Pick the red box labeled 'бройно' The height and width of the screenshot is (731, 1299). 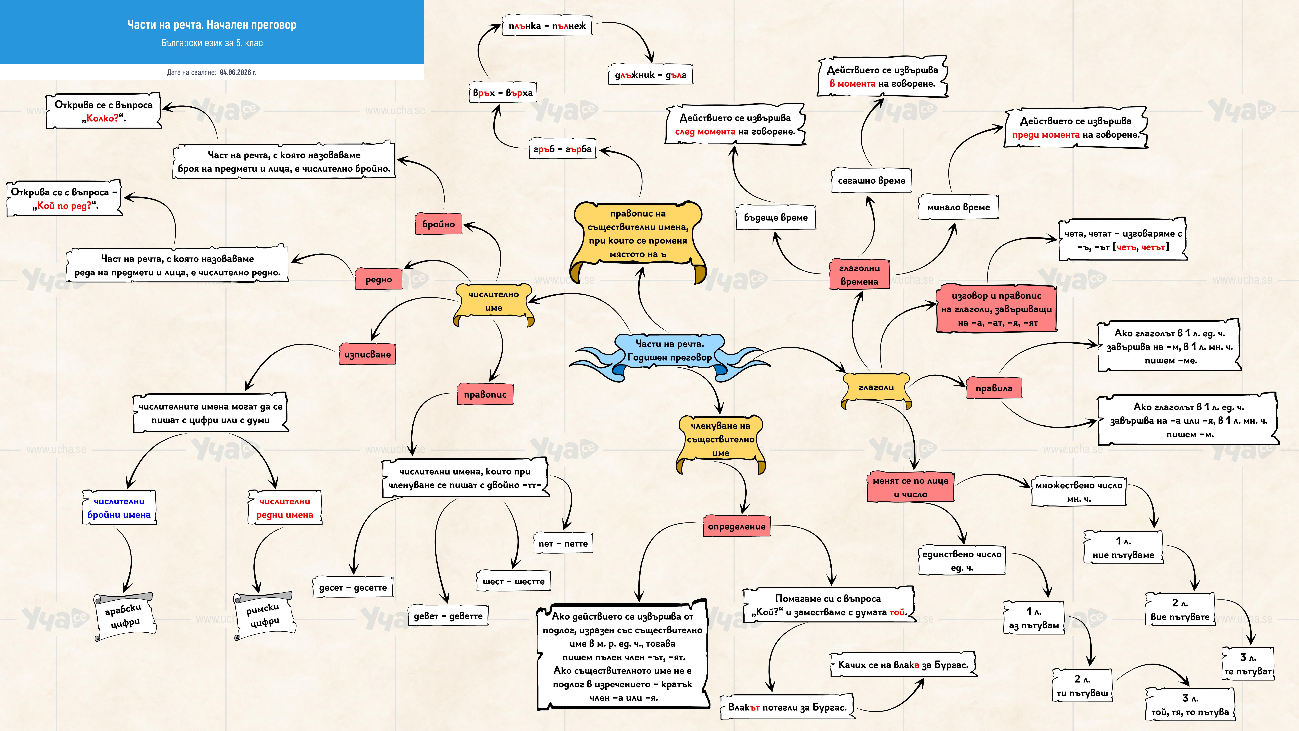point(438,224)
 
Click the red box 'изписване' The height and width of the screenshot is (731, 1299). point(367,354)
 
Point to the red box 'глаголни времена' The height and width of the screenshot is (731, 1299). point(859,275)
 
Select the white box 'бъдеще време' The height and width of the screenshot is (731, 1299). point(776,217)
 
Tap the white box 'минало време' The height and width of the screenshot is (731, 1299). point(958,207)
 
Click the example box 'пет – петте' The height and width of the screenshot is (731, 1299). point(563,543)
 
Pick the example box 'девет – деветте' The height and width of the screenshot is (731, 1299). point(448,615)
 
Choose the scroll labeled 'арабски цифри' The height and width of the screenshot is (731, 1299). point(124,616)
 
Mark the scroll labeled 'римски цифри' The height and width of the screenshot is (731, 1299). point(263,615)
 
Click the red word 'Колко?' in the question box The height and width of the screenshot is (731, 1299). point(102,119)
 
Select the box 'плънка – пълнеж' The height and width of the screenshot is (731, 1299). point(547,26)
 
